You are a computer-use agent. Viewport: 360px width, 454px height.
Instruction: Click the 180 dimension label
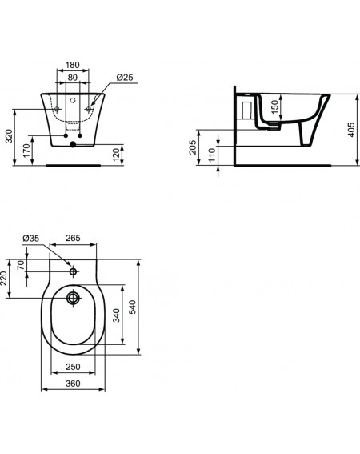point(72,65)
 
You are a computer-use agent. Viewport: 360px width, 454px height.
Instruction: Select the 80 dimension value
point(72,78)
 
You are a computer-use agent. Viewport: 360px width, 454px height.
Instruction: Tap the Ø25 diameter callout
point(125,78)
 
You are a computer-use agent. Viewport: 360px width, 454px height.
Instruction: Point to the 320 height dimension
point(10,136)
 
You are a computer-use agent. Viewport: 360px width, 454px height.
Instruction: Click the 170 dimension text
point(26,151)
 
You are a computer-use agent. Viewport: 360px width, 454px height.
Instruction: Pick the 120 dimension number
point(116,155)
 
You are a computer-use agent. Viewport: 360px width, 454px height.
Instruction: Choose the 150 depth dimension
point(275,106)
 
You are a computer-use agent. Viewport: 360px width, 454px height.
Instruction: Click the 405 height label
point(351,130)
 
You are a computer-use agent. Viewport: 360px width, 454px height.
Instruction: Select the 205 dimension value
point(193,147)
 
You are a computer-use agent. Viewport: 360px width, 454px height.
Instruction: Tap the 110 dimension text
point(212,155)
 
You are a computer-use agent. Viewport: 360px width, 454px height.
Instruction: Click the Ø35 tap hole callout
point(30,239)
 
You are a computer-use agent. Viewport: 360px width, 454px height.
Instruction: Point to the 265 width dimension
point(73,238)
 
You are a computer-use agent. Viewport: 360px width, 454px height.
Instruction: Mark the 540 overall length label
point(132,307)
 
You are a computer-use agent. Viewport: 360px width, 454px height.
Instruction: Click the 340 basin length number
point(116,315)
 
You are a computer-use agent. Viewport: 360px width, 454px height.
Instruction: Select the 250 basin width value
point(73,367)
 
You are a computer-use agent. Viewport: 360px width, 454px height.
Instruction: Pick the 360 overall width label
point(73,384)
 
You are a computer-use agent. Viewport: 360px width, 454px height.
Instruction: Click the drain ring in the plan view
point(74,298)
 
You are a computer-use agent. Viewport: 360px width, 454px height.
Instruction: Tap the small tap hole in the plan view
point(74,271)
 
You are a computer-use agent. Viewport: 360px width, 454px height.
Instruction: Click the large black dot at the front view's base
point(73,144)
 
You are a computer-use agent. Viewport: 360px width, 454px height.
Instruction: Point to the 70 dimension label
point(21,265)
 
